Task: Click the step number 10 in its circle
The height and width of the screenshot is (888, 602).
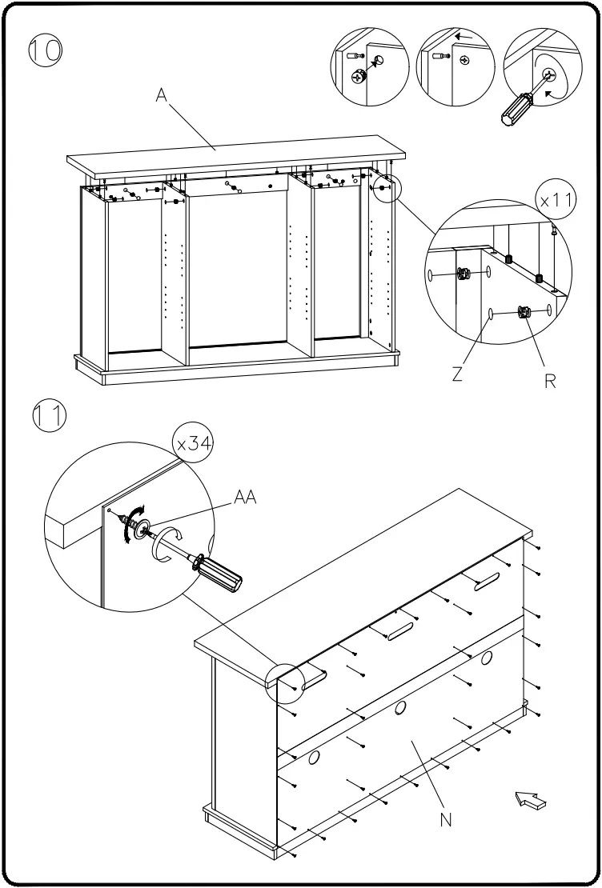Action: (x=46, y=50)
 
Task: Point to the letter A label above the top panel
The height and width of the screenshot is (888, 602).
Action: (x=162, y=96)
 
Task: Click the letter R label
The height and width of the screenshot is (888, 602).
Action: (x=550, y=381)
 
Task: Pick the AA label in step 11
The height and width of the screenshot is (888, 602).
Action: (x=245, y=498)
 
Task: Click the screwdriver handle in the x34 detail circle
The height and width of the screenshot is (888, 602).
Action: (x=223, y=574)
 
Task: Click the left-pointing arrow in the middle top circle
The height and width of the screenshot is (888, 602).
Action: (x=462, y=37)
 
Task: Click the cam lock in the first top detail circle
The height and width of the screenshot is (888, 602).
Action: (x=359, y=76)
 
